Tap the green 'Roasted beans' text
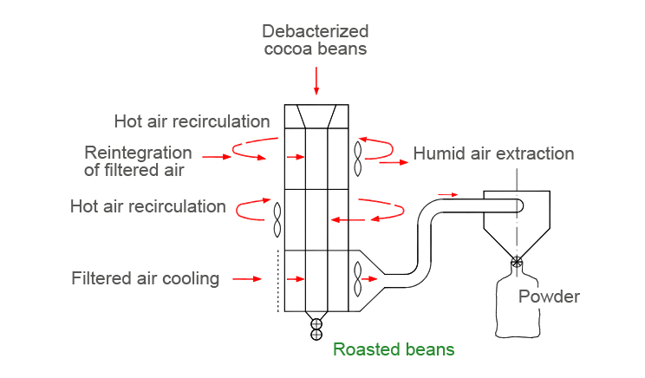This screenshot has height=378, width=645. click(394, 349)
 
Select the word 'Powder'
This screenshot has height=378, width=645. click(549, 297)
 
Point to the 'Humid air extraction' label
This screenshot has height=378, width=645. click(493, 154)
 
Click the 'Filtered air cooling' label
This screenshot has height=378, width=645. click(146, 278)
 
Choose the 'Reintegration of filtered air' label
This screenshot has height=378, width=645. click(138, 161)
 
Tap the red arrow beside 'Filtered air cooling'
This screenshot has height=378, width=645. click(247, 279)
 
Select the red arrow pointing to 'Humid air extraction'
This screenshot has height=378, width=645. click(393, 162)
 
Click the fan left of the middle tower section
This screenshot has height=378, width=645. click(277, 219)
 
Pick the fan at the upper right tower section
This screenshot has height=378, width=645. click(358, 159)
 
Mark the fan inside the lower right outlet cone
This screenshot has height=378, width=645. click(357, 279)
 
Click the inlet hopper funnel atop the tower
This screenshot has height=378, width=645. click(316, 116)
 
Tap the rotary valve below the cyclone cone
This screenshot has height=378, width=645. click(518, 262)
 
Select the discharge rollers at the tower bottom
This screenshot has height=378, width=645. click(316, 329)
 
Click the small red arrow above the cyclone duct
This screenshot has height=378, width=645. click(446, 194)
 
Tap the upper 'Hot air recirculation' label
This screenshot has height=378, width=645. click(192, 120)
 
